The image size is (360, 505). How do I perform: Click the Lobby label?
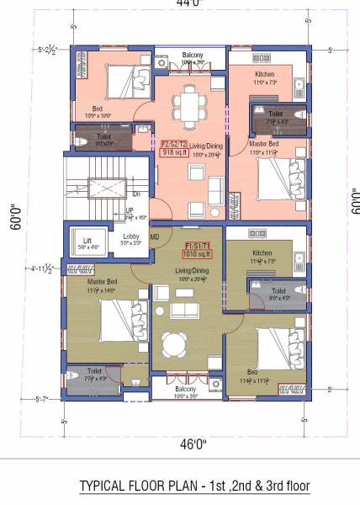point(131,237)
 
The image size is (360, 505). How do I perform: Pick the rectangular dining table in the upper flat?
point(193,102)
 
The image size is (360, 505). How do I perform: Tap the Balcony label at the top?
point(193,55)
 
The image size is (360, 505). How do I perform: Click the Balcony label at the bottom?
point(185,389)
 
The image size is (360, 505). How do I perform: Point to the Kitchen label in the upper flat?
point(265,74)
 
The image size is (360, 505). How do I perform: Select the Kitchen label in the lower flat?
point(262,252)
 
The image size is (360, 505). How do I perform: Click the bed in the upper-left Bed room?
point(126,83)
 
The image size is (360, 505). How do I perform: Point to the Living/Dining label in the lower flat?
point(192,269)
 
